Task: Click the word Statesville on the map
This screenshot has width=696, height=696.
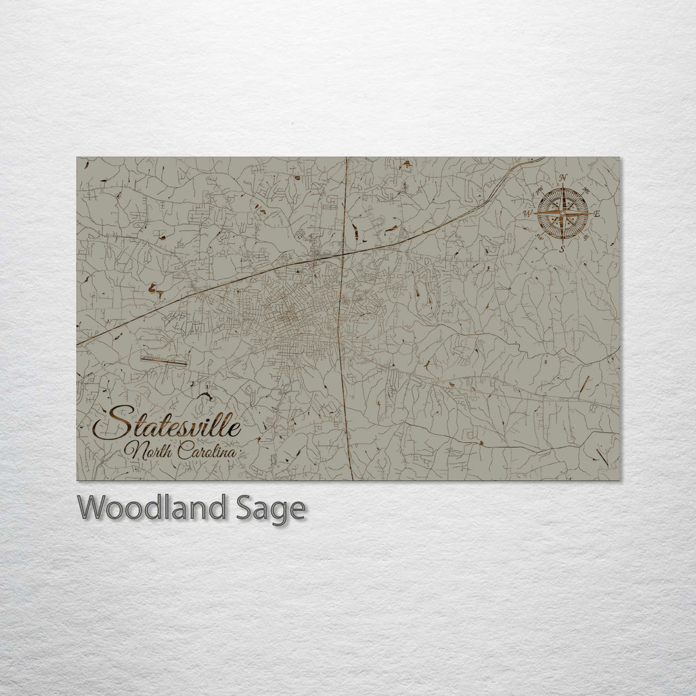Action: coord(168,425)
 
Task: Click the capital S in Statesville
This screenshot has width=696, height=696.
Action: coord(108,424)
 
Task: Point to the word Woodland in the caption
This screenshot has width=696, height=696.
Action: coord(152,508)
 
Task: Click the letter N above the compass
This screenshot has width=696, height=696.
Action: coord(563,179)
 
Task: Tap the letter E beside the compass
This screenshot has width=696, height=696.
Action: coord(596,213)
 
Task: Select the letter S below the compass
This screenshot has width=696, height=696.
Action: coord(562,248)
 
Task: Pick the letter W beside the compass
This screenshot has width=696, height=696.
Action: coord(527,213)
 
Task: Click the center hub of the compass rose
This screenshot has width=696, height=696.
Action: coord(563,213)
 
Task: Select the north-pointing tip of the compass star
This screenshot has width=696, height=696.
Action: coord(563,188)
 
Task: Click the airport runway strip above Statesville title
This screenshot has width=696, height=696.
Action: coord(164,361)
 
